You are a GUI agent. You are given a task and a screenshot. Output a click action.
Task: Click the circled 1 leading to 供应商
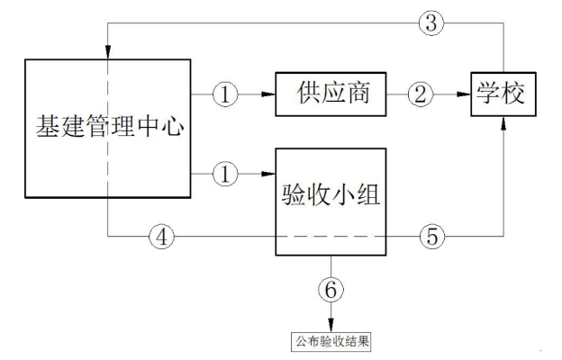pyautogui.click(x=224, y=92)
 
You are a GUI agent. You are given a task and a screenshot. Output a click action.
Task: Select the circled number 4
pyautogui.click(x=163, y=237)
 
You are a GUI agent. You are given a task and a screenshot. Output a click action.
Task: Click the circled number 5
pyautogui.click(x=431, y=237)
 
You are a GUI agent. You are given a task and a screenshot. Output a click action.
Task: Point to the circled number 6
pyautogui.click(x=331, y=289)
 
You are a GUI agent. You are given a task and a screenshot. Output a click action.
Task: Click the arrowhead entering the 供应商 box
pyautogui.click(x=267, y=92)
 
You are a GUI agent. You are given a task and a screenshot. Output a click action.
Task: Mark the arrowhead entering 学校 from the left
pyautogui.click(x=467, y=92)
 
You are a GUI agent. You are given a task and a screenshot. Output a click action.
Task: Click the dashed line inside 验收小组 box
pyautogui.click(x=330, y=237)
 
